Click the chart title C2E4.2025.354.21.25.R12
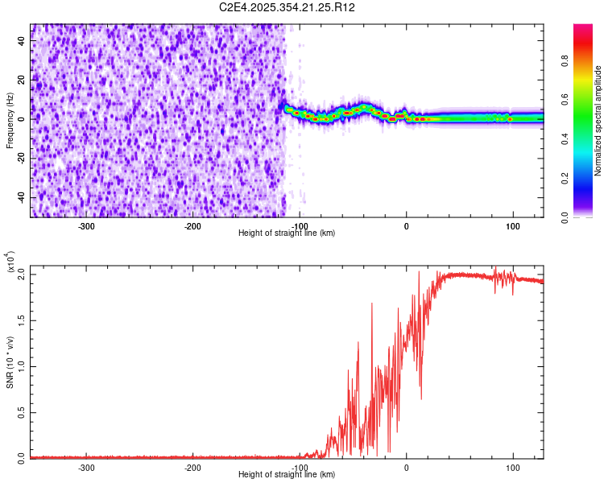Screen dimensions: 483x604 click(288, 7)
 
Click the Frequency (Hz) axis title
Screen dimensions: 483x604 click(10, 120)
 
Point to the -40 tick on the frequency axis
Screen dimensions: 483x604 click(19, 197)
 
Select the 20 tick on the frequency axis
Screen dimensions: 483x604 click(21, 80)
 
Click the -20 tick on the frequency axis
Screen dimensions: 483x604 click(19, 159)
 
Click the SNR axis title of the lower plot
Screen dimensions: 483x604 click(10, 362)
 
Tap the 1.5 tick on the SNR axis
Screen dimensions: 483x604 click(20, 320)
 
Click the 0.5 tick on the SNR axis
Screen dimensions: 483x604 click(20, 411)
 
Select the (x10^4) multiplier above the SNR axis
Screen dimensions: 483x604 click(11, 262)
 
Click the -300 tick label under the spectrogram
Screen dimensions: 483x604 click(86, 225)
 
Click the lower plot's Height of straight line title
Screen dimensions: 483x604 click(287, 475)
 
